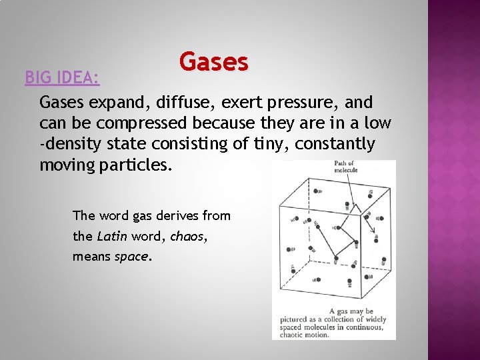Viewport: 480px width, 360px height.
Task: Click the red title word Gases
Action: [x=213, y=62]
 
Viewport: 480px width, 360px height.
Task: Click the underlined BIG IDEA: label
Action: [x=62, y=78]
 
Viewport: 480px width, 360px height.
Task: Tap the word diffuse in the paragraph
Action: [x=169, y=103]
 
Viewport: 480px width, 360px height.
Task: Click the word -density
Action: [x=71, y=144]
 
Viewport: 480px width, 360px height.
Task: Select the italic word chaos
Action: [x=187, y=235]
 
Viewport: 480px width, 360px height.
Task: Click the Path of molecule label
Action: [x=345, y=167]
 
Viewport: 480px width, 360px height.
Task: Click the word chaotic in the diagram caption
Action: [x=294, y=335]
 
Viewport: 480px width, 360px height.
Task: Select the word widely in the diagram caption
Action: [x=375, y=319]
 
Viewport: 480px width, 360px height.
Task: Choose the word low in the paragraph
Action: [x=379, y=123]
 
